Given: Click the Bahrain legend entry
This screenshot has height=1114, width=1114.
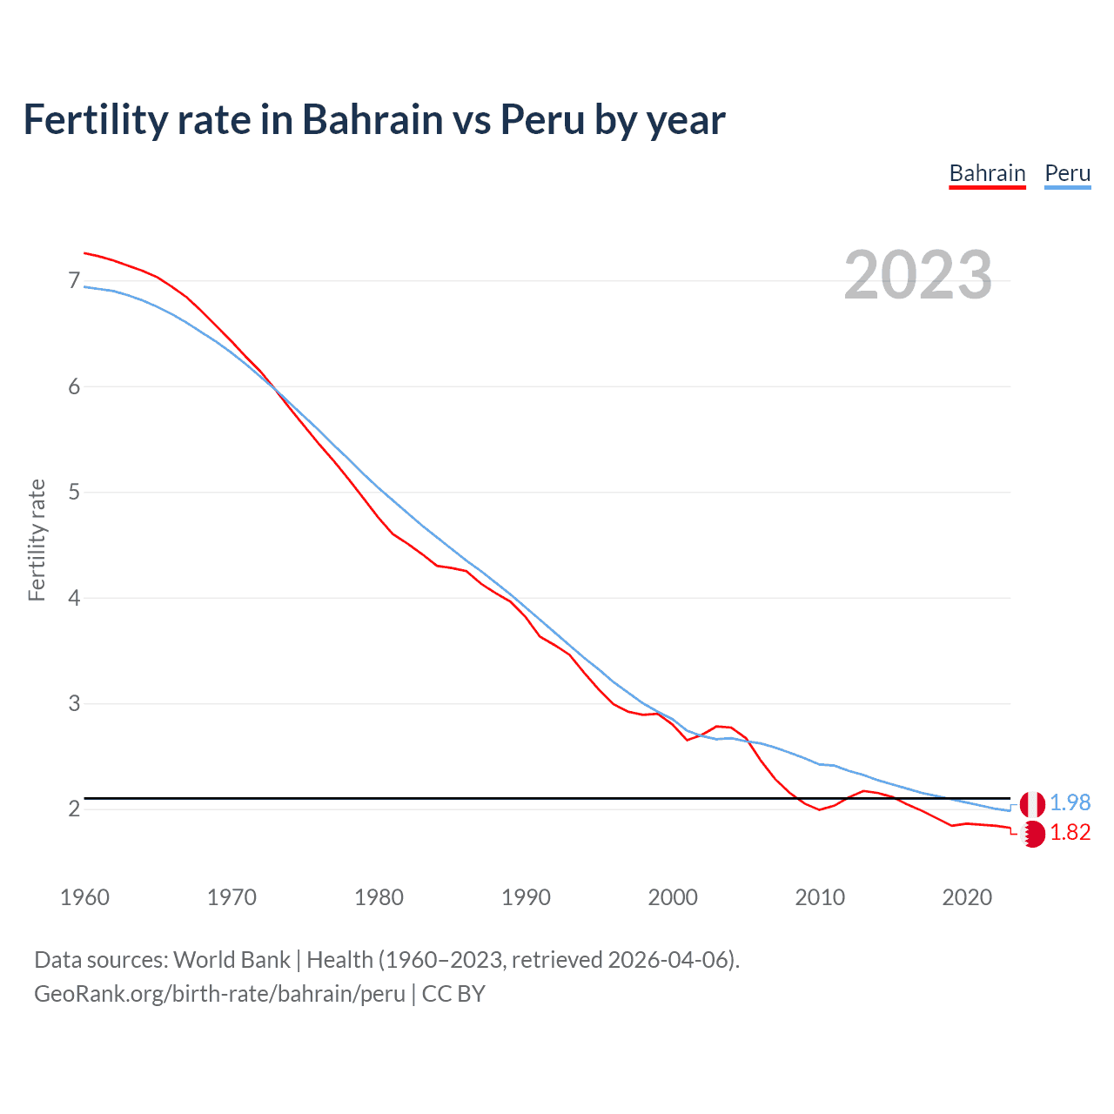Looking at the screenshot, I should pyautogui.click(x=987, y=173).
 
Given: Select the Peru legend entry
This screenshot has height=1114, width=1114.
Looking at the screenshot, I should pyautogui.click(x=1067, y=173).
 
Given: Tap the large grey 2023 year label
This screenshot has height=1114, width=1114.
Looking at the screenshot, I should pyautogui.click(x=917, y=275).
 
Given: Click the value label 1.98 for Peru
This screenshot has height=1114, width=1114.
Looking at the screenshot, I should pyautogui.click(x=1070, y=802).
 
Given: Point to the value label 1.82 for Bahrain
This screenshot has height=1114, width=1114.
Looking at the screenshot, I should pyautogui.click(x=1070, y=833).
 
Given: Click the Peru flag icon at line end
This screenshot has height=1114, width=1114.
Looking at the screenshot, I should pyautogui.click(x=1032, y=803).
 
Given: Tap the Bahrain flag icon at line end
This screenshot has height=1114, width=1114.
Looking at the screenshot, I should pyautogui.click(x=1032, y=834).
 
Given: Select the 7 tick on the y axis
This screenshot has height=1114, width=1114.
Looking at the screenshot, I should pyautogui.click(x=74, y=281).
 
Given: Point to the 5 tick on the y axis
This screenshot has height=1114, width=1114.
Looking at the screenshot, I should pyautogui.click(x=74, y=493).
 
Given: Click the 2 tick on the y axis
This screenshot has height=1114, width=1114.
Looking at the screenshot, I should pyautogui.click(x=74, y=809).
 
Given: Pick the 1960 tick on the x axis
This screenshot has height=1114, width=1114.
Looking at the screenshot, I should pyautogui.click(x=84, y=897).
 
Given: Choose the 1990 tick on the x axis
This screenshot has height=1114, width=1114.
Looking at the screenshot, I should pyautogui.click(x=526, y=897).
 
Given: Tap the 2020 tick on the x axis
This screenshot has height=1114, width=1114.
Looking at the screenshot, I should pyautogui.click(x=967, y=897).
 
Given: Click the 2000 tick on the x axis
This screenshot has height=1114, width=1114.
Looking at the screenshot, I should pyautogui.click(x=673, y=897).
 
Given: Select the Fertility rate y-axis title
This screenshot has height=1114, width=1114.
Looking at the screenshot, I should pyautogui.click(x=37, y=540).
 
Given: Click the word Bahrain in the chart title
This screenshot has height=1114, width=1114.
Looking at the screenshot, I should pyautogui.click(x=372, y=120).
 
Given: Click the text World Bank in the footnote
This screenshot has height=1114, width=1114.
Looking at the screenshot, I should pyautogui.click(x=232, y=960).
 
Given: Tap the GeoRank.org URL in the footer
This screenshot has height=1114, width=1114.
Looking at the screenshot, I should pyautogui.click(x=219, y=994).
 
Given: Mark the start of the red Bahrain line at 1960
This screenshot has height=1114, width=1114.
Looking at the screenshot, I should pyautogui.click(x=85, y=253).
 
